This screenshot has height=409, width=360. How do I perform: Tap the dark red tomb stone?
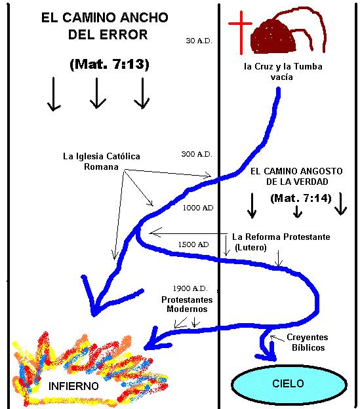(x=273, y=37)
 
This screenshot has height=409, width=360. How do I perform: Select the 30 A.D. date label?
(x=199, y=41)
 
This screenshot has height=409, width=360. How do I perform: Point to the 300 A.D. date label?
(x=197, y=154)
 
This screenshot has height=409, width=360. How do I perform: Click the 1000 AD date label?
(x=198, y=208)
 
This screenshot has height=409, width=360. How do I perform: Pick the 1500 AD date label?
(x=193, y=244)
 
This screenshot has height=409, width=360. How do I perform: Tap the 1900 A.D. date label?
(x=190, y=288)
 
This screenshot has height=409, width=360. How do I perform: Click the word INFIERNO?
(x=73, y=386)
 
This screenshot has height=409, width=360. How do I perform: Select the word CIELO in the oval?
(x=289, y=383)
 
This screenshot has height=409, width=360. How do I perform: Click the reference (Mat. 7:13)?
(x=110, y=64)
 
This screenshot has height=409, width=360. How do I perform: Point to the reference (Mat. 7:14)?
(x=301, y=198)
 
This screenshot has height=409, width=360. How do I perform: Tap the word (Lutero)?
(x=250, y=247)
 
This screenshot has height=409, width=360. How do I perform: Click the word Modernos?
(x=187, y=309)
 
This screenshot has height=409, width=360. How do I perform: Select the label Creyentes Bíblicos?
(x=308, y=342)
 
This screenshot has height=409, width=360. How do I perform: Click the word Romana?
(x=101, y=166)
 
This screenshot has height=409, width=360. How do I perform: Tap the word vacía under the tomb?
(x=282, y=77)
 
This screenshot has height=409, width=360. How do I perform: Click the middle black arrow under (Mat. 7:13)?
(x=97, y=93)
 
